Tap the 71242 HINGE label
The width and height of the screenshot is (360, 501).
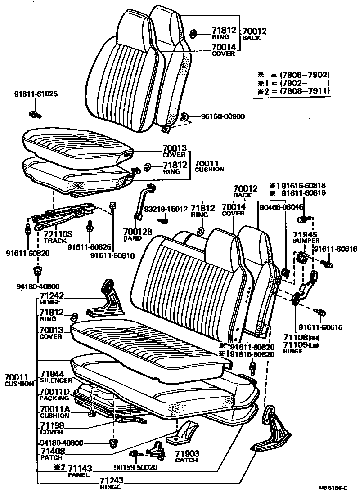tap(52, 298)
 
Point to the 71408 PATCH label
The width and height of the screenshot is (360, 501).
tap(52, 453)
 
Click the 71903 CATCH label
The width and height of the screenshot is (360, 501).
tap(187, 456)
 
